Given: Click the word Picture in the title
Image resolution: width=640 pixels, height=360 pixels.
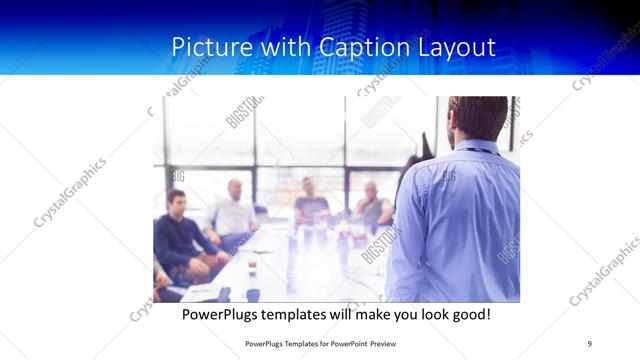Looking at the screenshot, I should point(206,46).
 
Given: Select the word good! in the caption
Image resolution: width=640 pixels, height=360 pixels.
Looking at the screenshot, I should point(467,315).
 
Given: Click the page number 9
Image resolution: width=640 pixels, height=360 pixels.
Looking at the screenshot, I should point(589,343).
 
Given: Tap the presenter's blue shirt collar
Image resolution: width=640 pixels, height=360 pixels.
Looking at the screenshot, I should point(477,147).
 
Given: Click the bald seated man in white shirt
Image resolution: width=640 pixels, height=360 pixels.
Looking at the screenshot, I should point(234,209).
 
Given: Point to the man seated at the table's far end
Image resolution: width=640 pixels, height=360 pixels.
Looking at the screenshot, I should point(311,200).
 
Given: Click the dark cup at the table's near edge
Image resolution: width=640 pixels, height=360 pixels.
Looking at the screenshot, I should point(253,295).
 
